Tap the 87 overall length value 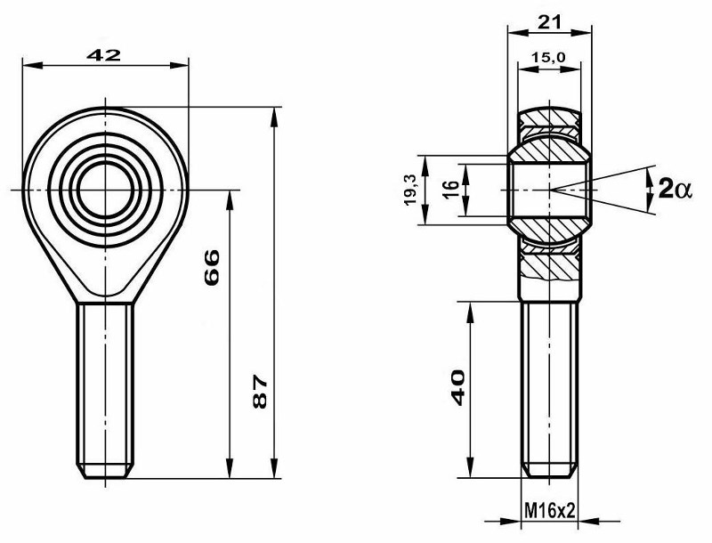(260, 392)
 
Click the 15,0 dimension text (548, 58)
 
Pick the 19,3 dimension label (411, 189)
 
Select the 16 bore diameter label (450, 189)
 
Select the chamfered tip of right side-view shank (549, 471)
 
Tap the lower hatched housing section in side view (549, 263)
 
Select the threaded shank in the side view (549, 383)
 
